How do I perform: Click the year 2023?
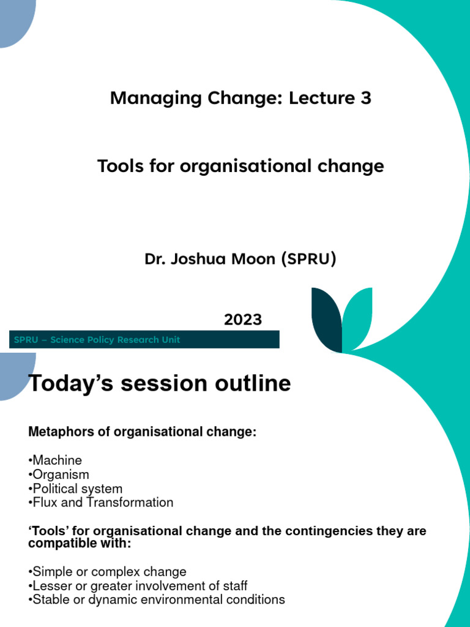click(242, 320)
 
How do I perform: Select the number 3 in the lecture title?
click(365, 98)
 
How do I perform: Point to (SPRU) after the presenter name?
click(308, 259)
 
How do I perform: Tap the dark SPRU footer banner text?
click(96, 340)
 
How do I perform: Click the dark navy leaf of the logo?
click(326, 318)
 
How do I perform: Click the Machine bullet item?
click(57, 460)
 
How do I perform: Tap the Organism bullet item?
click(61, 475)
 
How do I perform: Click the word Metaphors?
click(59, 432)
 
